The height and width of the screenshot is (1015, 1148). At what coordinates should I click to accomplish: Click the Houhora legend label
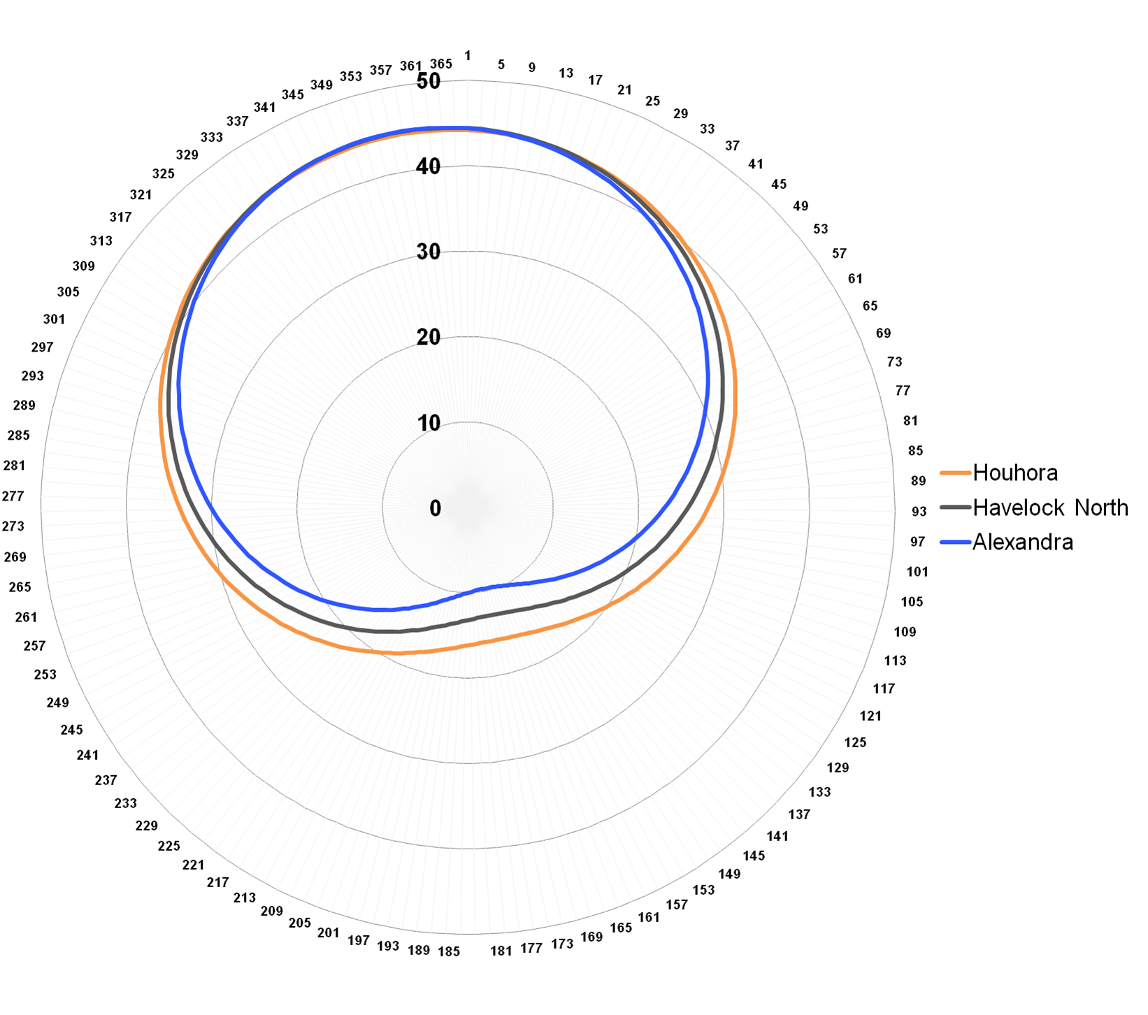[x=1014, y=473]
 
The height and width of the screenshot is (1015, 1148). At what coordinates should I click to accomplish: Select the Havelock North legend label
[x=1050, y=507]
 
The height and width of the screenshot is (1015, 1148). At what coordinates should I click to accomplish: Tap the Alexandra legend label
[x=1022, y=542]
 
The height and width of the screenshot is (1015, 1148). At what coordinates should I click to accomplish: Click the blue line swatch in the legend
[x=955, y=542]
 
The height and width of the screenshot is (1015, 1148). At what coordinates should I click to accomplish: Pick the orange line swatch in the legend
[x=955, y=473]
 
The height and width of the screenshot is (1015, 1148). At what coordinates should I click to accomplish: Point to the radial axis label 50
[x=429, y=81]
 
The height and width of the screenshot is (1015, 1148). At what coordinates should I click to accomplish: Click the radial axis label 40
[x=429, y=166]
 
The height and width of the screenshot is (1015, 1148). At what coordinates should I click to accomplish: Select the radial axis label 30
[x=429, y=252]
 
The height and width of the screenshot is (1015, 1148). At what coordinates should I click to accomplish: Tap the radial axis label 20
[x=429, y=337]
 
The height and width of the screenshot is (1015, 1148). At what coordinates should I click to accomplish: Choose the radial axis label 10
[x=429, y=423]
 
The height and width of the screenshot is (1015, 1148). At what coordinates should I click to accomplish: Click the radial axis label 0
[x=436, y=508]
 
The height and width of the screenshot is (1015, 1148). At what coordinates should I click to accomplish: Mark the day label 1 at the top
[x=468, y=56]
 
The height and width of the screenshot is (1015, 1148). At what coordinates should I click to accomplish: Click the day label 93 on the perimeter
[x=919, y=512]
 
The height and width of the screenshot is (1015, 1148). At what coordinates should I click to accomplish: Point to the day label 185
[x=449, y=951]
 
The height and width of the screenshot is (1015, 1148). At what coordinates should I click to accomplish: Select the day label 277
[x=13, y=496]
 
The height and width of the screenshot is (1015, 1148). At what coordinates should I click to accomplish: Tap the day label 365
[x=441, y=64]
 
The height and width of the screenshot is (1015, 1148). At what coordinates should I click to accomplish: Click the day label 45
[x=779, y=185]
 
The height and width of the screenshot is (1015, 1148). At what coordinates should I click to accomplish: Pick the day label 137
[x=799, y=814]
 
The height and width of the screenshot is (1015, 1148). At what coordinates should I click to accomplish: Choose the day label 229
[x=147, y=826]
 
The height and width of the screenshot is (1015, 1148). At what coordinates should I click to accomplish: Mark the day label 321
[x=141, y=195]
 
